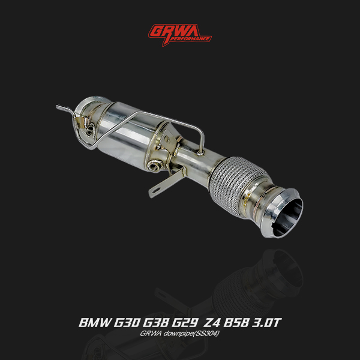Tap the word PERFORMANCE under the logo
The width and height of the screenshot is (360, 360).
click(191, 38)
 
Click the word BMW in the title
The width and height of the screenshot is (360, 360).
click(94, 323)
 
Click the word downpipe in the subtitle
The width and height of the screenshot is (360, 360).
click(182, 335)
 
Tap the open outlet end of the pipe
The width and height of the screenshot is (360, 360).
click(287, 214)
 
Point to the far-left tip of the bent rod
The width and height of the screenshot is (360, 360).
click(58, 107)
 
